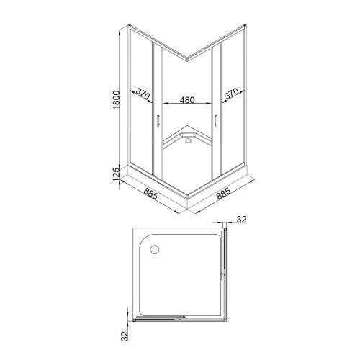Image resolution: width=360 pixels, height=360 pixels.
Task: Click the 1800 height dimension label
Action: pos(116,99)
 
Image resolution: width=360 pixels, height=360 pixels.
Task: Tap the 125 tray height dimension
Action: pos(116,174)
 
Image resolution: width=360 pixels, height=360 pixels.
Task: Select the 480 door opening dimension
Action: pos(187,99)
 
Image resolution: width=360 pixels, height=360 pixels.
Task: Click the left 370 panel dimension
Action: pos(143,94)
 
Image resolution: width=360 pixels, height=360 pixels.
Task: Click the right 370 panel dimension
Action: pos(232,94)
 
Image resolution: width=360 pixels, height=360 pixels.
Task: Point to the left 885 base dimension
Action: pos(150,194)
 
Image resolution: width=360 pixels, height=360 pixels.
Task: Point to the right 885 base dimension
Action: pos(223,194)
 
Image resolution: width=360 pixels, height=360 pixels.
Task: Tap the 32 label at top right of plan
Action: pos(241,219)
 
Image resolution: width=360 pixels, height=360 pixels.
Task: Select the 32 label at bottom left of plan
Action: pos(125,336)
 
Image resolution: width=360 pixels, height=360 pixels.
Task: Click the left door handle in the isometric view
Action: pos(158,120)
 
